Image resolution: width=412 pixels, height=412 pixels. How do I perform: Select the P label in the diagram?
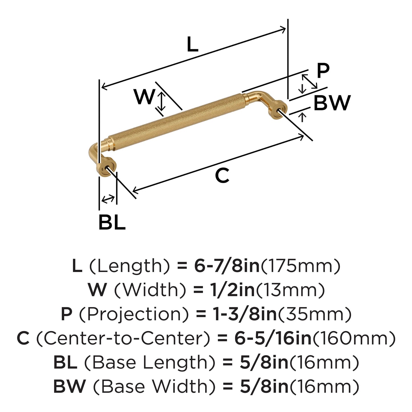(323, 71)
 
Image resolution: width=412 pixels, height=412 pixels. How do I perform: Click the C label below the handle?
(222, 175)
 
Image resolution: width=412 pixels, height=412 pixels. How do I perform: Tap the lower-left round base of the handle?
(107, 167)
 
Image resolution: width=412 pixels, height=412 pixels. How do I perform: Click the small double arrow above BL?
(108, 198)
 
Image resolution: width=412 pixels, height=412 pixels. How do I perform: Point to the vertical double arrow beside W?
(162, 101)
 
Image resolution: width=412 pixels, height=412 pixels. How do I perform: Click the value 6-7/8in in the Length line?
(227, 266)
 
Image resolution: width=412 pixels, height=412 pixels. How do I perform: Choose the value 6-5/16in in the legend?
(273, 338)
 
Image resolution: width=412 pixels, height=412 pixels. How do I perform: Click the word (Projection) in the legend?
(133, 314)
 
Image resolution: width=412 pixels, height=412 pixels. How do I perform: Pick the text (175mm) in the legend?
(301, 266)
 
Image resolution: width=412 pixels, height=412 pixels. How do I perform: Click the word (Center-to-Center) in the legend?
(123, 338)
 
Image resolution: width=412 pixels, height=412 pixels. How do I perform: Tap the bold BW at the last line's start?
(70, 387)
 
